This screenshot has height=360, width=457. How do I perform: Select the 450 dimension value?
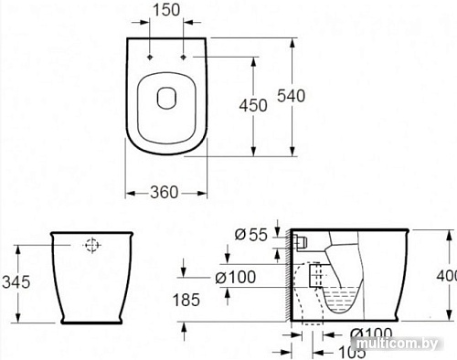pos(252,105)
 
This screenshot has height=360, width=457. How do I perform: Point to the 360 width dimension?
pos(164,192)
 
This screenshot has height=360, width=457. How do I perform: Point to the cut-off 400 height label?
pos(447,275)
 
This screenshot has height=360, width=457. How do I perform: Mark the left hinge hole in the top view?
pos(146,58)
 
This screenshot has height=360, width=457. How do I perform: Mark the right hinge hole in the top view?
pos(186,58)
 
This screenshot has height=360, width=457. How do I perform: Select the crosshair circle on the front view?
pos(91,245)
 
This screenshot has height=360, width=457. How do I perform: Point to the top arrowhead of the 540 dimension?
pos(292,41)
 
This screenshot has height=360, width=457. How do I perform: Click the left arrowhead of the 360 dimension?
pos(127,192)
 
